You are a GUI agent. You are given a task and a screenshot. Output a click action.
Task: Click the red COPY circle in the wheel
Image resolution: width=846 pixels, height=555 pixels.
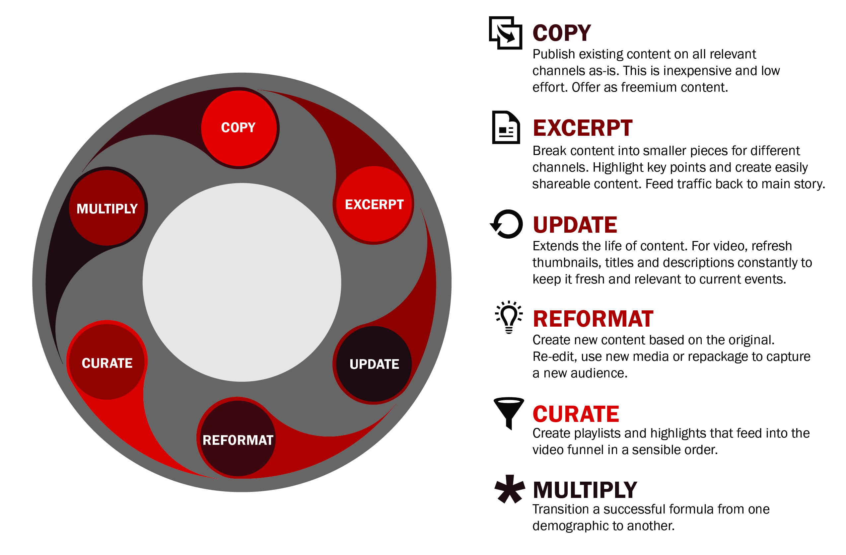239,128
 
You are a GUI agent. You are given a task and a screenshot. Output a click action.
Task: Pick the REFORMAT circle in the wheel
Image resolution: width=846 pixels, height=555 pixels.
238,438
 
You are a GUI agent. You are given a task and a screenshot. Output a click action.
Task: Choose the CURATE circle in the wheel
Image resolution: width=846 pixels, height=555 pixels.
107,362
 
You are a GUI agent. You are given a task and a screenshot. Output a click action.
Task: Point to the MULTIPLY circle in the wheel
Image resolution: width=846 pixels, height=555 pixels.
107,208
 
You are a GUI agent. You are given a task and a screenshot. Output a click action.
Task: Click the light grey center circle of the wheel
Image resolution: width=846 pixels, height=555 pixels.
242,282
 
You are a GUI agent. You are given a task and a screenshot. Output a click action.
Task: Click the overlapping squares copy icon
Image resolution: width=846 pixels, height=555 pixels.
506,33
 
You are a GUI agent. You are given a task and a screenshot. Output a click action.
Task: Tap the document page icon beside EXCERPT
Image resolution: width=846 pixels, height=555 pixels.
506,127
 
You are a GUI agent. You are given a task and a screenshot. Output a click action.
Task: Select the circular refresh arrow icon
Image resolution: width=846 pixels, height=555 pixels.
507,224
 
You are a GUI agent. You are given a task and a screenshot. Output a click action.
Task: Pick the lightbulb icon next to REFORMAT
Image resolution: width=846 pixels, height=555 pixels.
509,317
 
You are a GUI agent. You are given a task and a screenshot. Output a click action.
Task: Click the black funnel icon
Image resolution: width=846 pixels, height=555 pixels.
509,413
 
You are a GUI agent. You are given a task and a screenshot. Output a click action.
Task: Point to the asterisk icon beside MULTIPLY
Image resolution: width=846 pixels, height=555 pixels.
510,489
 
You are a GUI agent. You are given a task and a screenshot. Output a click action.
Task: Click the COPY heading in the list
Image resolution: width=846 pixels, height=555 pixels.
562,33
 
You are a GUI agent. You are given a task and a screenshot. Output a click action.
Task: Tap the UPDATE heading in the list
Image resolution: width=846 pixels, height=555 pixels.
575,225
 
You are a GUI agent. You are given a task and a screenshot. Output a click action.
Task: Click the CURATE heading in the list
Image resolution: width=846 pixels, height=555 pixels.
576,414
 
